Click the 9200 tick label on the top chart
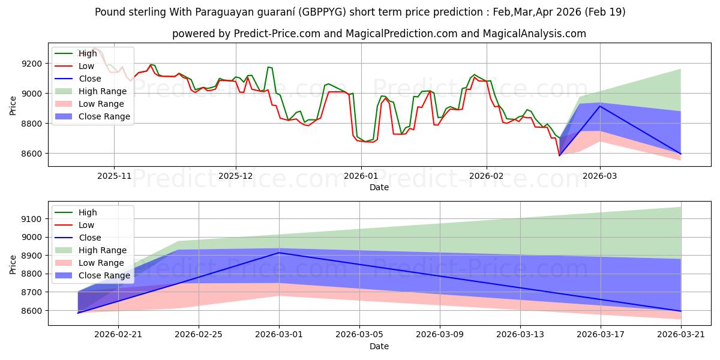31,64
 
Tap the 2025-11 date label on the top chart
114,176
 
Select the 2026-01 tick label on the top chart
361,176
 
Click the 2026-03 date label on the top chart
600,176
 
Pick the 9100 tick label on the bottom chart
31,219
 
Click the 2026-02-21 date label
118,335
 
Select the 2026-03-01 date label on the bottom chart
279,335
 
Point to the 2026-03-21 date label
681,335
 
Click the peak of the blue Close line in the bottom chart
279,253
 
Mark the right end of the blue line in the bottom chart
681,311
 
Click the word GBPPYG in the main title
322,12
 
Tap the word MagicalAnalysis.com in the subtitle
534,34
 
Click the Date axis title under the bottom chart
379,346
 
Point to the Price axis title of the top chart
13,106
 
